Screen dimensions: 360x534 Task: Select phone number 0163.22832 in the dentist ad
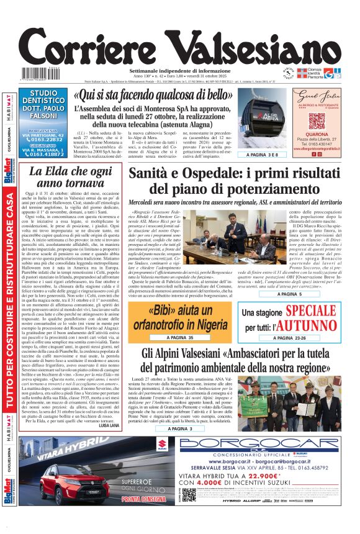click(x=47, y=140)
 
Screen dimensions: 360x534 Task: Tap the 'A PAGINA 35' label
click(x=179, y=337)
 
